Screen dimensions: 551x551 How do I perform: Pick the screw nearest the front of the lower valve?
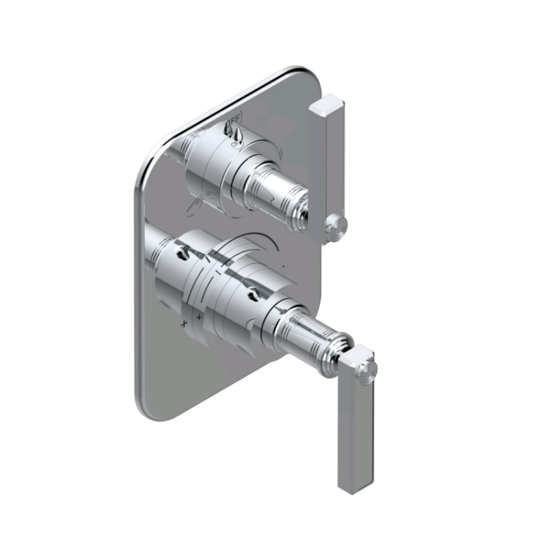(x=253, y=295)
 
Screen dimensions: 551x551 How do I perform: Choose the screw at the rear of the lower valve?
(x=181, y=253)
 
